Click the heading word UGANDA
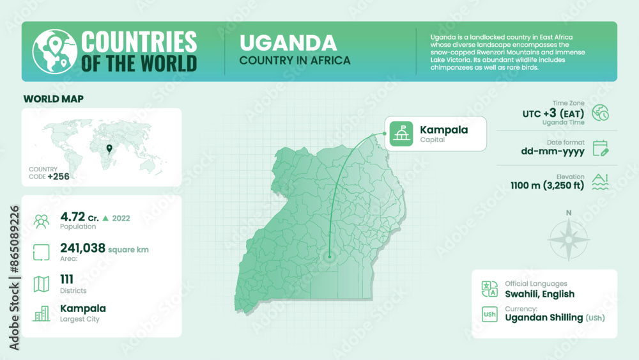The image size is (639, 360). tap(288, 43)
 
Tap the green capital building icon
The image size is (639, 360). tap(401, 134)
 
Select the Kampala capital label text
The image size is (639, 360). tap(443, 130)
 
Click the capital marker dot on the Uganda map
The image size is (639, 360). tap(330, 256)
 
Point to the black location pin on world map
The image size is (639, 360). tap(109, 150)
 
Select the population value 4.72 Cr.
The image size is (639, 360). tap(77, 217)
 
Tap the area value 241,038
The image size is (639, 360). tap(82, 248)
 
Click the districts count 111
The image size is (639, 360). tap(66, 279)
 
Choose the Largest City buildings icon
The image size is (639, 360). tap(42, 313)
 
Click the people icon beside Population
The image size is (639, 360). tap(42, 221)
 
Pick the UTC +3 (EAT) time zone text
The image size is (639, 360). tap(553, 113)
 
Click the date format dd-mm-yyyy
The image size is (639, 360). tap(553, 152)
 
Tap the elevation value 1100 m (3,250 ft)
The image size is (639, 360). tap(547, 186)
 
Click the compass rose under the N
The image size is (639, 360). tap(569, 240)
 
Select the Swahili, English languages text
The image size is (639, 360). tap(539, 294)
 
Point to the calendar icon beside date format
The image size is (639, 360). tap(600, 148)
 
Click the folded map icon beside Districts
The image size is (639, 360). tap(42, 283)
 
